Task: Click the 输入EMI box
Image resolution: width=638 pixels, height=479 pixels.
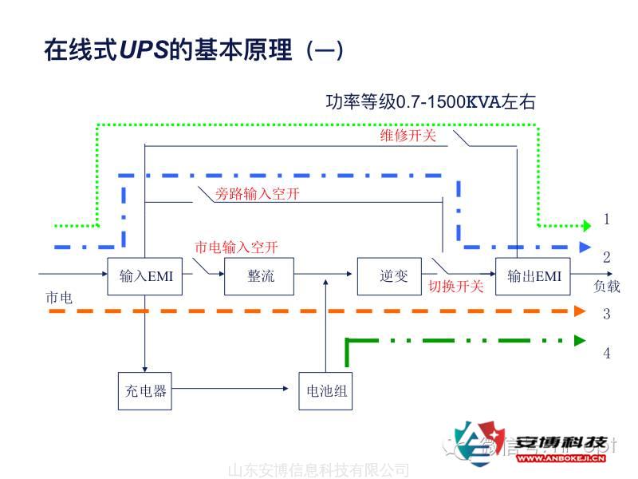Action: pos(145,276)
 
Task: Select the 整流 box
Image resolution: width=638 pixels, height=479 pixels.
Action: pos(260,276)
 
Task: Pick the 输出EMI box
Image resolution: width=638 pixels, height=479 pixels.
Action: pos(534,276)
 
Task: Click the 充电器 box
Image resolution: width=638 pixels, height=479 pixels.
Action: pos(145,390)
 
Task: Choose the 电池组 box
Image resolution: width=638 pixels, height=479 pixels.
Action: pos(326,391)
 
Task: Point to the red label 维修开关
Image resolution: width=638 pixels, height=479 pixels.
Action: pos(408,137)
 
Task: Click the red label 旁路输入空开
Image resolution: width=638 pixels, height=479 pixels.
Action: pos(258,193)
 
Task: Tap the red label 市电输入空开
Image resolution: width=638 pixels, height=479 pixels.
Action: pos(236,247)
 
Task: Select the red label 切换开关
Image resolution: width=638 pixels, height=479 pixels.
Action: pos(455,287)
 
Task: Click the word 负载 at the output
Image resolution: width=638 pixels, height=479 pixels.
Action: pos(606,287)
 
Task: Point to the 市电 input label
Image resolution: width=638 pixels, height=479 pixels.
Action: pos(59,298)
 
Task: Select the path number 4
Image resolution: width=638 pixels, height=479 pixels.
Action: pos(607,352)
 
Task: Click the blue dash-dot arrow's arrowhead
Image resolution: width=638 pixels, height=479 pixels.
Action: pos(585,247)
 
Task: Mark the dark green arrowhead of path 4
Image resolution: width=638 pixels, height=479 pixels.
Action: pos(581,340)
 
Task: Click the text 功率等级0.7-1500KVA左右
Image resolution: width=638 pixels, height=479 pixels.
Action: pos(431,102)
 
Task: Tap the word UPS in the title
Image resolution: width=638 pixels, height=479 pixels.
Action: pos(143,52)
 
